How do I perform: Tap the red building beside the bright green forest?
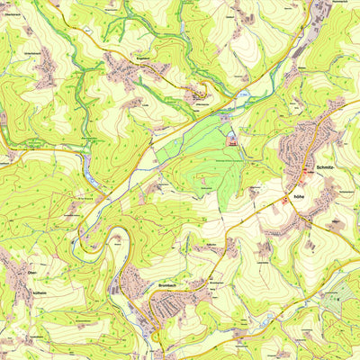(233, 142)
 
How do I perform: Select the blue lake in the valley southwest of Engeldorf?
(88, 163)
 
